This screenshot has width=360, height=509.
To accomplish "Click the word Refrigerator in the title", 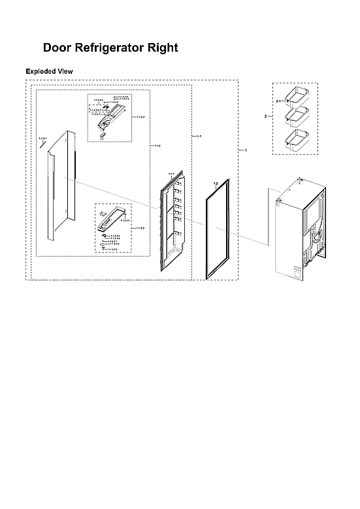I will point(110,48).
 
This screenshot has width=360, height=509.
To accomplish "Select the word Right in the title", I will point(163,48).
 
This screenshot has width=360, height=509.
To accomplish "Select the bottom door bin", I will point(295,139).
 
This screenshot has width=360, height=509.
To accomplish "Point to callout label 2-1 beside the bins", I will point(278,102).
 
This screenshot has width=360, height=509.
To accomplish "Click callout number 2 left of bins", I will point(265,116).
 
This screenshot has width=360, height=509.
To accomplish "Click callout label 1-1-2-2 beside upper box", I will point(140,118).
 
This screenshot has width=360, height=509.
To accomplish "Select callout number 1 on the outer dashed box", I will point(245,151).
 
